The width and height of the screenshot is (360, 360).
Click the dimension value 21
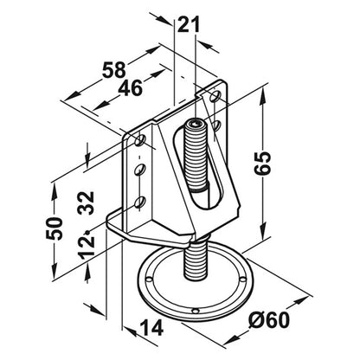[x=189, y=24]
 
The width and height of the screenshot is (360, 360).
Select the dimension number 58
[x=114, y=70]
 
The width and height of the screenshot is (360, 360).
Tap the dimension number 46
[x=130, y=87]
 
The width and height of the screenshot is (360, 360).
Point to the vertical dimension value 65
[x=262, y=163]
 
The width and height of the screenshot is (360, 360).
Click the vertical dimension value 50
[x=54, y=228]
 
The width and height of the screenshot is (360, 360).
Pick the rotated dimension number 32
[x=87, y=202]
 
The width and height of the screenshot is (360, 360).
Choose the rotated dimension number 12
[x=87, y=247]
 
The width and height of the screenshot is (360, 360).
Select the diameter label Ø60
[x=269, y=320]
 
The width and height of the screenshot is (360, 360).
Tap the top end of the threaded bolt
[x=196, y=124]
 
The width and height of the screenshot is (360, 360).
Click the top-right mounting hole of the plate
[x=215, y=96]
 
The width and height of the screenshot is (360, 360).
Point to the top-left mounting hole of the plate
[x=140, y=140]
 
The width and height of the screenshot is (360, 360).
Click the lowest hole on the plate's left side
[x=140, y=202]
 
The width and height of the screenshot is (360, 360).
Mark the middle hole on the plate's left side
[x=140, y=170]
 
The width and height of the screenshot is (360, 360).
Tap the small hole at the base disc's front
[x=196, y=311]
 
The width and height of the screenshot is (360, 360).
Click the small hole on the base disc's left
[x=149, y=280]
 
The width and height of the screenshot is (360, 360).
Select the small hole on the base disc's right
[x=243, y=280]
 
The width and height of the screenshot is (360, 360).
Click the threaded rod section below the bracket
[x=196, y=261]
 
